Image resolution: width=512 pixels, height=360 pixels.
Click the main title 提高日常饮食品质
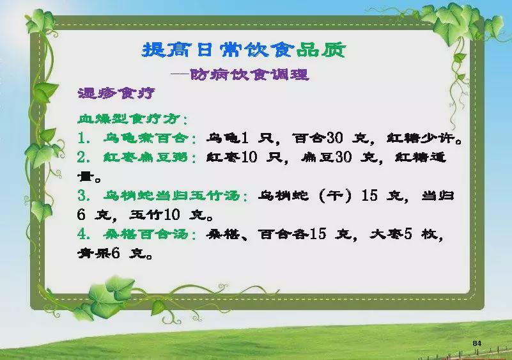(x=244, y=50)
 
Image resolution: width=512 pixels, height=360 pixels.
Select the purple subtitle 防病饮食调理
(x=249, y=75)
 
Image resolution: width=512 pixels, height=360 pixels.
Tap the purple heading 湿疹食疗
(x=116, y=93)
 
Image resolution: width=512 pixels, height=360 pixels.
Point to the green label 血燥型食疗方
(x=129, y=118)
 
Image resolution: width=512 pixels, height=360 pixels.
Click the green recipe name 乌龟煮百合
(x=146, y=138)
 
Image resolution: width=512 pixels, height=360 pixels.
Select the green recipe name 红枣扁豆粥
(x=146, y=157)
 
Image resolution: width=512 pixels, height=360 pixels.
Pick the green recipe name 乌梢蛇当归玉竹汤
(x=172, y=196)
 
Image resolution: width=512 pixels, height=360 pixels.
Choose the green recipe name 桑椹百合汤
(x=146, y=234)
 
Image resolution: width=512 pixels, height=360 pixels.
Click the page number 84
(x=477, y=343)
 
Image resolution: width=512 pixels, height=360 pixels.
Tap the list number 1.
(x=82, y=138)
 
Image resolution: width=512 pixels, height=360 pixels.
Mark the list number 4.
(x=82, y=234)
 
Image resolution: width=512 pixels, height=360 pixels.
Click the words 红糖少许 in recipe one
(x=421, y=138)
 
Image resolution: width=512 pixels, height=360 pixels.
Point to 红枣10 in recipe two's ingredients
(x=232, y=157)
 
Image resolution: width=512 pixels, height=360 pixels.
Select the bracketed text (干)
(x=336, y=196)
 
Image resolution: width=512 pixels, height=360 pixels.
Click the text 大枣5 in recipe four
(x=391, y=234)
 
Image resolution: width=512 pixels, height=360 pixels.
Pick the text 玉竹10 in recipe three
(x=155, y=215)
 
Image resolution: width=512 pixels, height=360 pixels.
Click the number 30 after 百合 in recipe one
(x=335, y=138)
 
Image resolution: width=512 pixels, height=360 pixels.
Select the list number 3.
(x=82, y=196)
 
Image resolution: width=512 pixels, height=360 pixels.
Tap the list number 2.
(x=82, y=157)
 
